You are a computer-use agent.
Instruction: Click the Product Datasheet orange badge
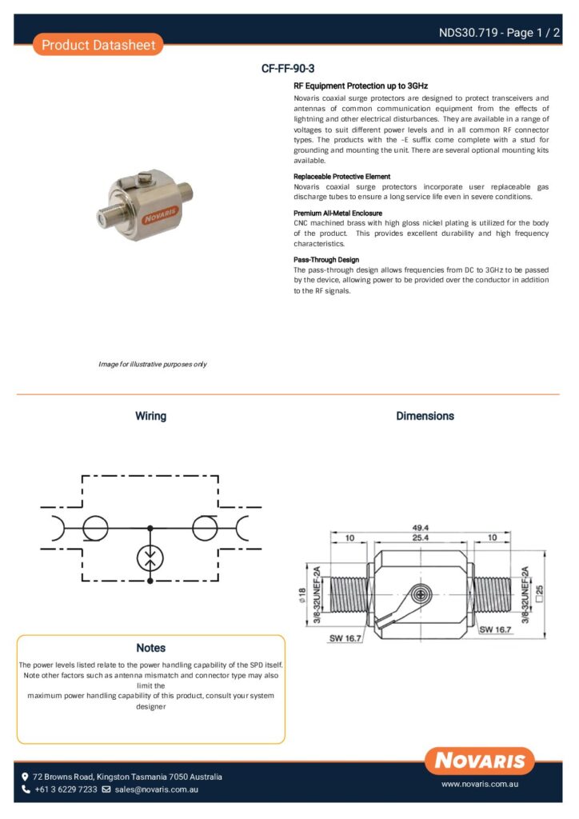(98, 45)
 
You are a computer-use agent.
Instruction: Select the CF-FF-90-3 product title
(293, 69)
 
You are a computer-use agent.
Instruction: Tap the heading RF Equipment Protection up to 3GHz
(361, 85)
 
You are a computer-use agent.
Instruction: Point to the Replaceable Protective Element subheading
(342, 176)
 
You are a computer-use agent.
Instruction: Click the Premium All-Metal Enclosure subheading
(338, 214)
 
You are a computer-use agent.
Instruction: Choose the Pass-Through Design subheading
(326, 260)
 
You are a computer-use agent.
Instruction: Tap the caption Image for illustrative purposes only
(153, 365)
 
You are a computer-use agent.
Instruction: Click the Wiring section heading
(150, 416)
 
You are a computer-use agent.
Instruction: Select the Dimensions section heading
(425, 416)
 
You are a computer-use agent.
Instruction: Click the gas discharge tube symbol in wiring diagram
(150, 557)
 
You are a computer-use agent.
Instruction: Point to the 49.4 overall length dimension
(421, 528)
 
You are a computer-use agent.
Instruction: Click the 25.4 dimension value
(421, 538)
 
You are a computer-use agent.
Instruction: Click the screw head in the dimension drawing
(420, 593)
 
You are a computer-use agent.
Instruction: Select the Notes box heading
(150, 648)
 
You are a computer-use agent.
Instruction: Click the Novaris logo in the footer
(480, 760)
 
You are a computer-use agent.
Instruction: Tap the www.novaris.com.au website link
(481, 785)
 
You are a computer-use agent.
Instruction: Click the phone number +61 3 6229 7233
(66, 789)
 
